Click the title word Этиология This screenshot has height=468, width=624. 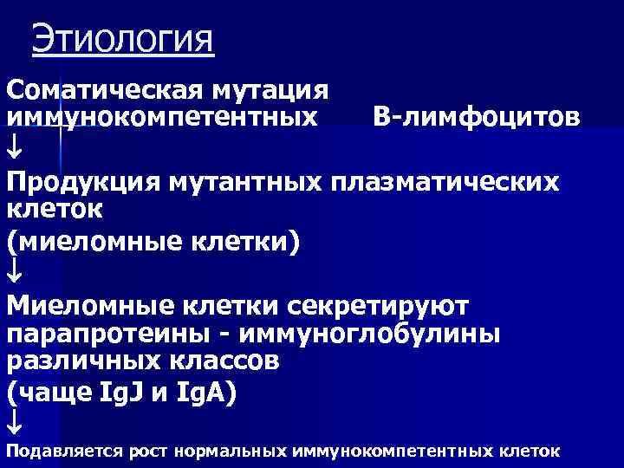tap(122, 40)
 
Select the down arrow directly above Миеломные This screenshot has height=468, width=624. tap(15, 272)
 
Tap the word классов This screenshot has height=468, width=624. tap(222, 361)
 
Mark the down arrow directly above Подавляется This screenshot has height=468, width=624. tap(15, 422)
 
